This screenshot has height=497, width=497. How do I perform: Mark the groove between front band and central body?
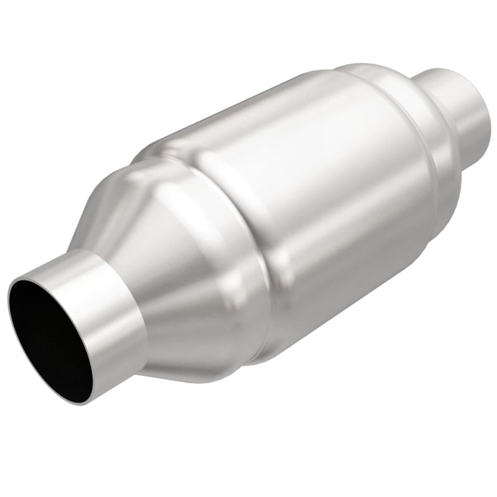(x=248, y=236)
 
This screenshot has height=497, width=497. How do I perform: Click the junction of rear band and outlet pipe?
(x=441, y=99)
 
